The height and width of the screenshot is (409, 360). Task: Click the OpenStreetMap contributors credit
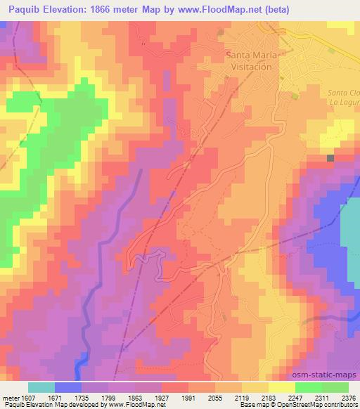click(318, 405)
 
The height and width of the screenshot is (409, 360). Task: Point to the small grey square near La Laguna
click(330, 159)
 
